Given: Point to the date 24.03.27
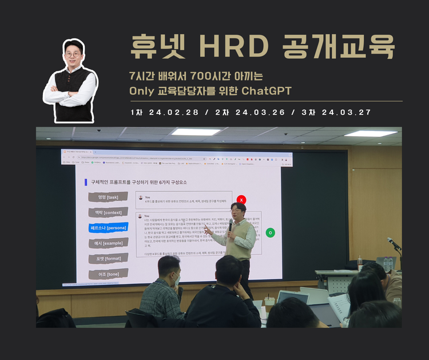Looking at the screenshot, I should pyautogui.click(x=345, y=112).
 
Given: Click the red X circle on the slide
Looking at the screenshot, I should pyautogui.click(x=241, y=200).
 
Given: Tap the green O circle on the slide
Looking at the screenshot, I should pyautogui.click(x=271, y=233).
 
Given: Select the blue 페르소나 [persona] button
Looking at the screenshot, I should pyautogui.click(x=108, y=228).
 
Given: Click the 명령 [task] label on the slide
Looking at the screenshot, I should pyautogui.click(x=108, y=197).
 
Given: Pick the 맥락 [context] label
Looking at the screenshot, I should pyautogui.click(x=108, y=212).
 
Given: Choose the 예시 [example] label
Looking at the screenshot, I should pyautogui.click(x=108, y=243).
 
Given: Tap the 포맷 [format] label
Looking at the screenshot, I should pyautogui.click(x=108, y=259).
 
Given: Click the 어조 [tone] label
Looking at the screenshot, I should pyautogui.click(x=108, y=274).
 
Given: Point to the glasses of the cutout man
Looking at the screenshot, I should pyautogui.click(x=73, y=54).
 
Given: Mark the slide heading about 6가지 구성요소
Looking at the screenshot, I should pyautogui.click(x=139, y=182).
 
